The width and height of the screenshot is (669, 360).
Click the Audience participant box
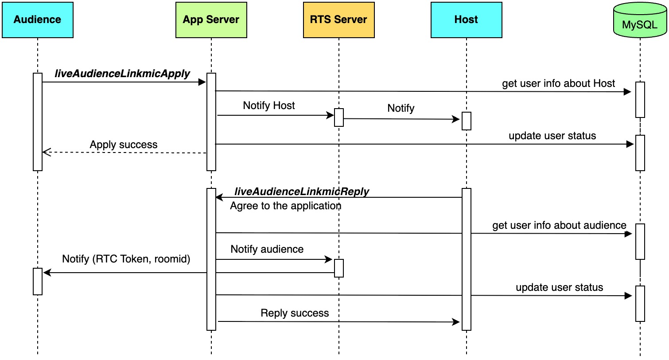(x=38, y=20)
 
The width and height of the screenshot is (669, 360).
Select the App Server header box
(x=211, y=20)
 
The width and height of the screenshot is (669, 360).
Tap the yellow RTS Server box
(x=338, y=20)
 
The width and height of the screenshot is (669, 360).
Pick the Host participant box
(x=466, y=20)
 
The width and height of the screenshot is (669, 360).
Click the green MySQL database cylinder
(x=640, y=20)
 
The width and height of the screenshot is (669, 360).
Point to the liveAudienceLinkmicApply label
(x=122, y=74)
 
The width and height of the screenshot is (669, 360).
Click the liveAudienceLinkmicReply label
(x=302, y=192)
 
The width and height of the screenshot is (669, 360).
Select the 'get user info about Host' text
(x=558, y=83)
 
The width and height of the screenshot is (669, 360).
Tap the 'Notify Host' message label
(x=269, y=106)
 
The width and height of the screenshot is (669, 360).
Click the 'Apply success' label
(x=123, y=145)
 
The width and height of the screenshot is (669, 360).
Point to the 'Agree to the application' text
(x=285, y=206)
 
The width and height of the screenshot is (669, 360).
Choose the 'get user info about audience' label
(x=559, y=225)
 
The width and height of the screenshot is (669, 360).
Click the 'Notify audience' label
(x=267, y=249)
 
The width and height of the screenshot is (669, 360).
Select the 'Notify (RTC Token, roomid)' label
(x=126, y=259)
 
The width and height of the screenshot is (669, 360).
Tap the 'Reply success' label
(x=295, y=313)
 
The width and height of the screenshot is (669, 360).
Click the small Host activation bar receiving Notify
(x=466, y=121)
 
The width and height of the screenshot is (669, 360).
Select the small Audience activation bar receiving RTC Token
(x=38, y=282)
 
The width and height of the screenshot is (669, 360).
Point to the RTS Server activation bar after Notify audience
(x=338, y=268)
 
